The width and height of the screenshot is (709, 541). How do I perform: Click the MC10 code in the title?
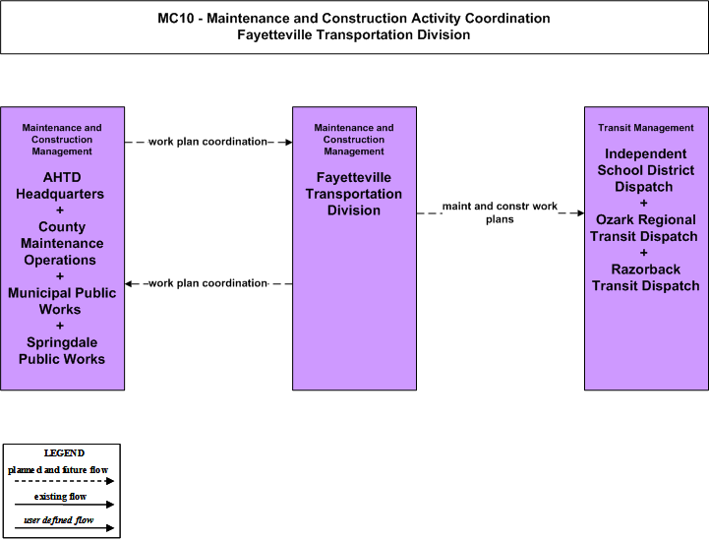(x=175, y=18)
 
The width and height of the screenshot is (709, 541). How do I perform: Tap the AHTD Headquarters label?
(x=60, y=186)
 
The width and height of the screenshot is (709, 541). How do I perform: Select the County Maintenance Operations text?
(x=62, y=243)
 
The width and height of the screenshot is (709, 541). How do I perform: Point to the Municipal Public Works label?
(x=62, y=301)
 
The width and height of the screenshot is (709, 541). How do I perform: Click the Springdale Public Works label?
(x=62, y=350)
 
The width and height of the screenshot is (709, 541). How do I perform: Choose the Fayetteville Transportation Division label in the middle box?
(x=354, y=194)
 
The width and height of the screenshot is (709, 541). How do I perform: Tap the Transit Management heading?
(x=646, y=128)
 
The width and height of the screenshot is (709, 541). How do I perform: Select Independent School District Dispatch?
(x=646, y=170)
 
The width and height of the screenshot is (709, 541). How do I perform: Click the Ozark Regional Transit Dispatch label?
(x=644, y=228)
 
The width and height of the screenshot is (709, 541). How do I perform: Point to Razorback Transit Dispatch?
(x=646, y=277)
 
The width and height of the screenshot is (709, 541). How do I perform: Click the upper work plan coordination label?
(x=207, y=142)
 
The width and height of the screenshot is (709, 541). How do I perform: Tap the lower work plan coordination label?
(x=207, y=283)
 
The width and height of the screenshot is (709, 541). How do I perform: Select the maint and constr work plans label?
(x=500, y=212)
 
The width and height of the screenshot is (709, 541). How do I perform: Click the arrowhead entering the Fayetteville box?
(x=288, y=142)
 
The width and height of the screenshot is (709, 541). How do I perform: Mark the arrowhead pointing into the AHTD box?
(x=129, y=283)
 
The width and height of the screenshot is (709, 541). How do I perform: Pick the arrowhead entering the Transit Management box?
(x=580, y=212)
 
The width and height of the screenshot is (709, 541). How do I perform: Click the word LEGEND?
(x=64, y=453)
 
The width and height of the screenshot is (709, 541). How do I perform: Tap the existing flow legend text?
(x=60, y=497)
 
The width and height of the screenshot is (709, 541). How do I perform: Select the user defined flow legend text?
(x=59, y=520)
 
